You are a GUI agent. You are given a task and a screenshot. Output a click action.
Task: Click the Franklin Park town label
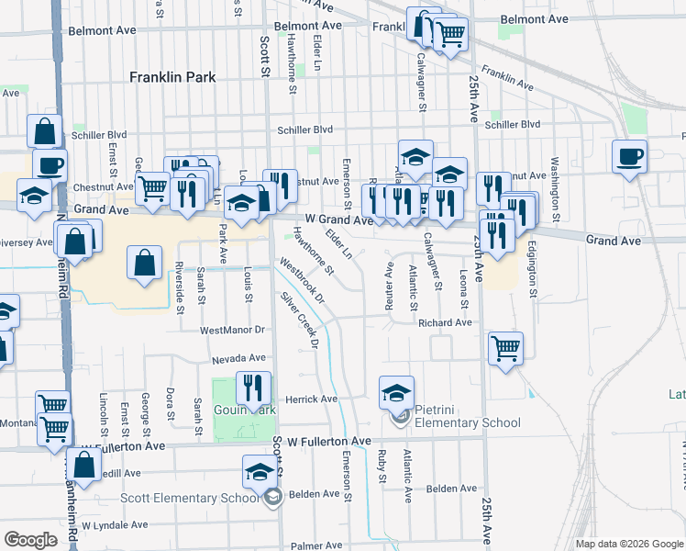click(x=173, y=77)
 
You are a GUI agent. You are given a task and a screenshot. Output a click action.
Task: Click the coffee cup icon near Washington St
click(x=629, y=156)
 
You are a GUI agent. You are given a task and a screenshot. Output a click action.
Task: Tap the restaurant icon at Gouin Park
click(x=251, y=388)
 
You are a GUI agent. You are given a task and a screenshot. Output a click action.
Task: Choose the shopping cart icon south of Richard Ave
click(x=505, y=348)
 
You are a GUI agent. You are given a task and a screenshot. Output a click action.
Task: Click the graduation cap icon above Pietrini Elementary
click(x=396, y=392)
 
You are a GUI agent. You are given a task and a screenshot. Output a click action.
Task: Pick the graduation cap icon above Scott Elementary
click(x=259, y=472)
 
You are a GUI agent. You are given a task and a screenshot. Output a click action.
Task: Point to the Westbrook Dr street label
click(x=304, y=282)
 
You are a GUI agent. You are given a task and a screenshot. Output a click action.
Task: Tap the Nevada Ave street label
click(x=238, y=358)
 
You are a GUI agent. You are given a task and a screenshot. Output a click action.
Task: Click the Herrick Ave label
click(x=312, y=399)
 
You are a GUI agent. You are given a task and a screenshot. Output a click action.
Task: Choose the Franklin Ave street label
click(x=506, y=78)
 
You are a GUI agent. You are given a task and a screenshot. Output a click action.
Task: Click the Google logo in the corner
click(x=30, y=539)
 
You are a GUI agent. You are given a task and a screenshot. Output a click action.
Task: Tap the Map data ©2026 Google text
click(x=629, y=544)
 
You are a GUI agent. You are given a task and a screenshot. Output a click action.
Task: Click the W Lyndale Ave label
click(x=115, y=525)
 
